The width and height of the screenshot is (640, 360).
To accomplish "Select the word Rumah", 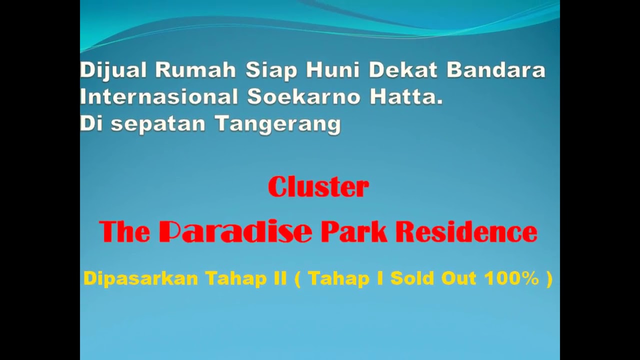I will click(195, 70).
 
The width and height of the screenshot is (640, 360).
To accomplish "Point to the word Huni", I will click(333, 70).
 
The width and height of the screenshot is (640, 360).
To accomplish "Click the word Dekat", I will click(403, 70).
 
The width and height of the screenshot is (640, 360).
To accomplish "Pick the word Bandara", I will click(495, 70).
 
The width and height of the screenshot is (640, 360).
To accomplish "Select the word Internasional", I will click(159, 97).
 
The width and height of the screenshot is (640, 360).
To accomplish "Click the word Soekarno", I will click(304, 97).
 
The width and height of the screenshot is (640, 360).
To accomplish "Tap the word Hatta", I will click(406, 97).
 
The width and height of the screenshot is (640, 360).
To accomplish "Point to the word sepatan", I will click(158, 124).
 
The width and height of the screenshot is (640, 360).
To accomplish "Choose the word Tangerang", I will click(278, 124).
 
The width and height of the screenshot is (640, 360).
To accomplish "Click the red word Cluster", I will click(318, 187).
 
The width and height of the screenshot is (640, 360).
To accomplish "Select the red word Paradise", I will click(235, 232).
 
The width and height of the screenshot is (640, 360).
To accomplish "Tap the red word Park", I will click(354, 232).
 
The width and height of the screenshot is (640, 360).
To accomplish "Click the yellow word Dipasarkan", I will click(140, 278).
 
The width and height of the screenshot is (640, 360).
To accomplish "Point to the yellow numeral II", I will click(280, 278).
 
